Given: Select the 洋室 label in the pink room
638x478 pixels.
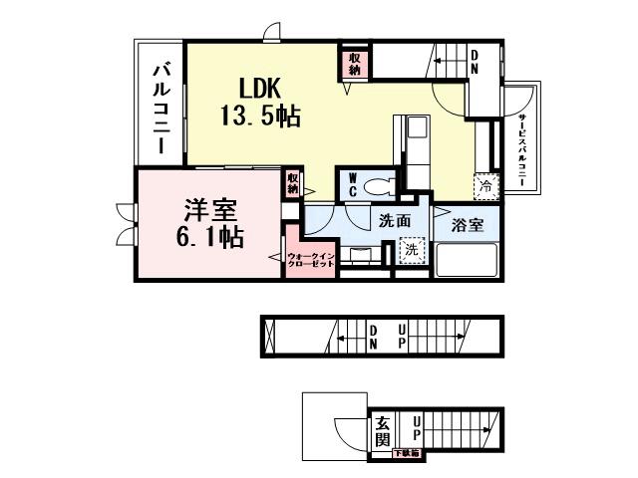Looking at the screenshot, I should point(208,211).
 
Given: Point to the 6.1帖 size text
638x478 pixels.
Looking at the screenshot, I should point(207,238).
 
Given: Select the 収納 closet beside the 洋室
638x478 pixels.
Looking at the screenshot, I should point(293,182).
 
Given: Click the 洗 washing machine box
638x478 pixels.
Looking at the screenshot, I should point(410,251).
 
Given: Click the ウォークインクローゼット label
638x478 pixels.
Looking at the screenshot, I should point(310,261).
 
